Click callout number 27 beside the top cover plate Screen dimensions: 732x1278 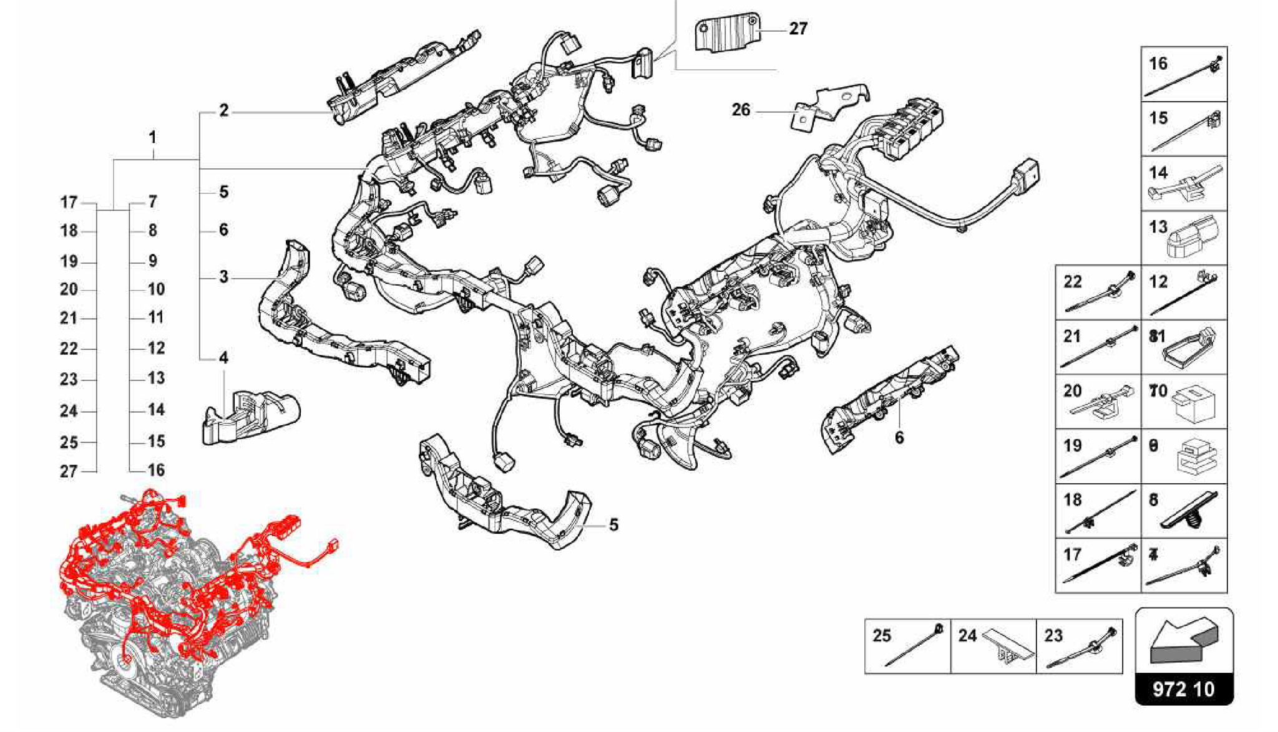pos(798,29)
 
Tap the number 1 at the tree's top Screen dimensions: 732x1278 pos(152,137)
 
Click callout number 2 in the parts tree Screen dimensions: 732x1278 pos(224,111)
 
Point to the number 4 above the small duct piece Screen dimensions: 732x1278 pos(223,358)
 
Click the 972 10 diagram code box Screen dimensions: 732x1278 pos(1184,689)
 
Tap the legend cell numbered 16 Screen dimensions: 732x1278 pos(1184,74)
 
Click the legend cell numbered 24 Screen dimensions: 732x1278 pos(993,647)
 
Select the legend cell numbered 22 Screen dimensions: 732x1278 pos(1098,292)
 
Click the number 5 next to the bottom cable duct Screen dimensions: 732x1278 pos(613,525)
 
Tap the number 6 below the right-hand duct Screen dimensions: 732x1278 pos(899,438)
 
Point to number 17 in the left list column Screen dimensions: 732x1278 pos(69,203)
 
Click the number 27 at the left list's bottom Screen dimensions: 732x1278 pos(69,472)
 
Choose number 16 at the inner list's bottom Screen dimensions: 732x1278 pos(156,470)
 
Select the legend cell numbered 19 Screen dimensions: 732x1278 pos(1098,456)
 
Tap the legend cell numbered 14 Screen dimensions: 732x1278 pos(1184,183)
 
